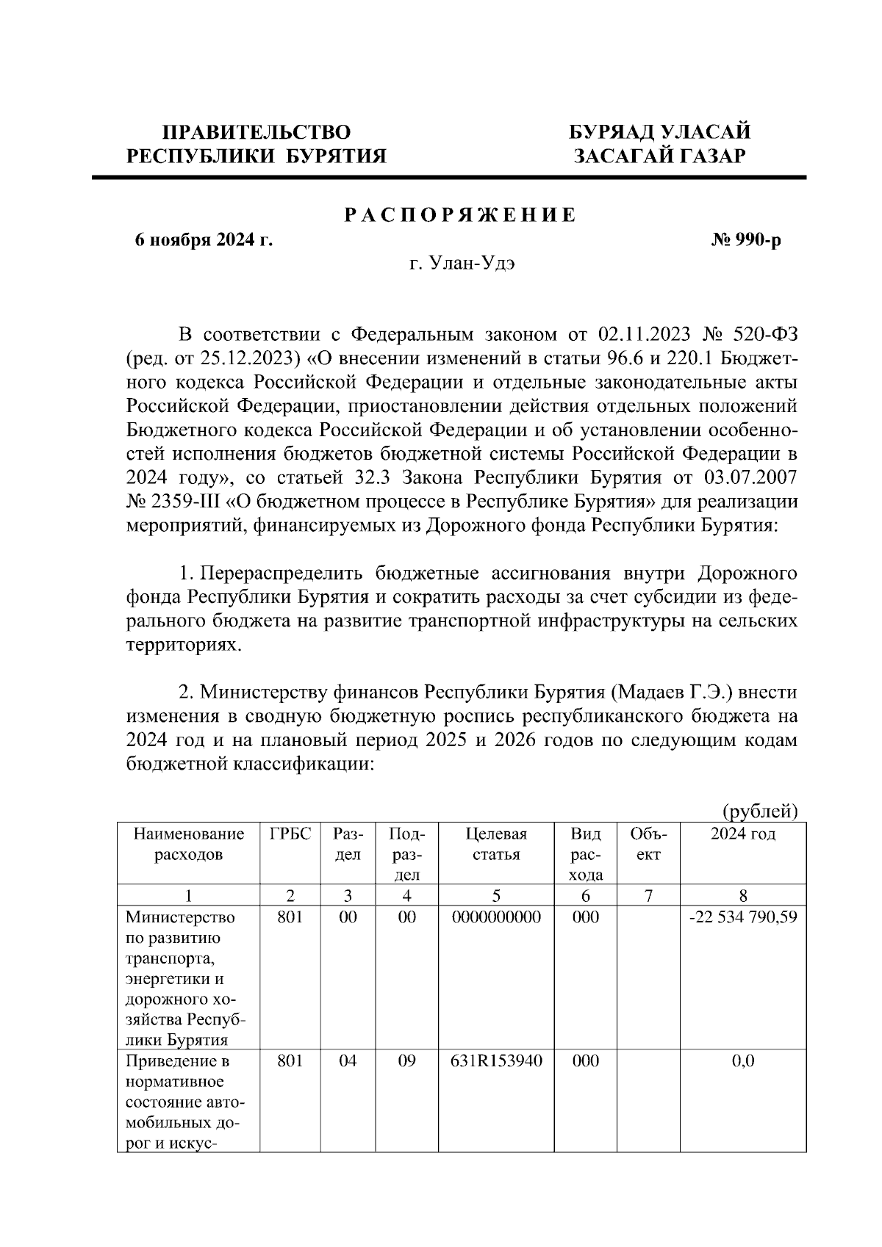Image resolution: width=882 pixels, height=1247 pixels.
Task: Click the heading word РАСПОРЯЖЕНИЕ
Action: coord(461,216)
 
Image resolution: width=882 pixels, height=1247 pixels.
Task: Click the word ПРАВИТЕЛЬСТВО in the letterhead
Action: coord(257,132)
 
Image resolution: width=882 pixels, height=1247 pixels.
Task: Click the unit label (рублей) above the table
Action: coord(759,811)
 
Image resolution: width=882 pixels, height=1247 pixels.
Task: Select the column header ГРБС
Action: coord(290,834)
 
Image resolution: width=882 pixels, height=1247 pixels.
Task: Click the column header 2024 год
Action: coord(742,834)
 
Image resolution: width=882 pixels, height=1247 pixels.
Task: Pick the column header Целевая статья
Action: coord(496,844)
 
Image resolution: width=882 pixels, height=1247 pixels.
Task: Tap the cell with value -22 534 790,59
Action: coord(742,917)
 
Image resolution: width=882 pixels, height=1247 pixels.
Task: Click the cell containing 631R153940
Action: coord(496,1061)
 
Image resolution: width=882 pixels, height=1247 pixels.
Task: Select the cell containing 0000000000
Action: coord(496,917)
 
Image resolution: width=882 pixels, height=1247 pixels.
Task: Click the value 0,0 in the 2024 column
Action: coord(742,1061)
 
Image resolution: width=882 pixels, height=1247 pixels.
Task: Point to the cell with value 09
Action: coord(406,1061)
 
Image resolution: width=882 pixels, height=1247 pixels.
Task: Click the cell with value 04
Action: coord(348,1061)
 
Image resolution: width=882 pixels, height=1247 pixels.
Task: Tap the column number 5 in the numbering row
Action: coord(496,895)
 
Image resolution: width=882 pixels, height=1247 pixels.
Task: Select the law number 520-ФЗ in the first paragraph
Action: coord(765,334)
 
